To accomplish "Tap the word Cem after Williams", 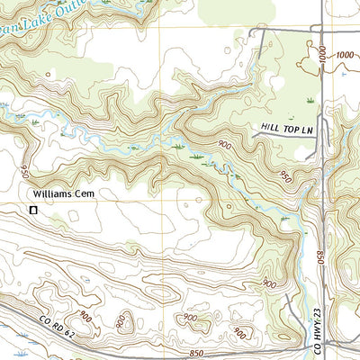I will click(x=84, y=193).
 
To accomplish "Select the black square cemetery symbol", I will click(x=33, y=210).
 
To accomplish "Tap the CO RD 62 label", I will click(x=58, y=316).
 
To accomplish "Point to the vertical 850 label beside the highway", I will click(x=319, y=256).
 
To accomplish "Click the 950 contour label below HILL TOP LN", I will click(x=287, y=175).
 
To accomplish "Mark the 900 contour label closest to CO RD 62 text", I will click(x=85, y=316).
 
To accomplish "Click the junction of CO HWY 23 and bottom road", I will click(x=325, y=345).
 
